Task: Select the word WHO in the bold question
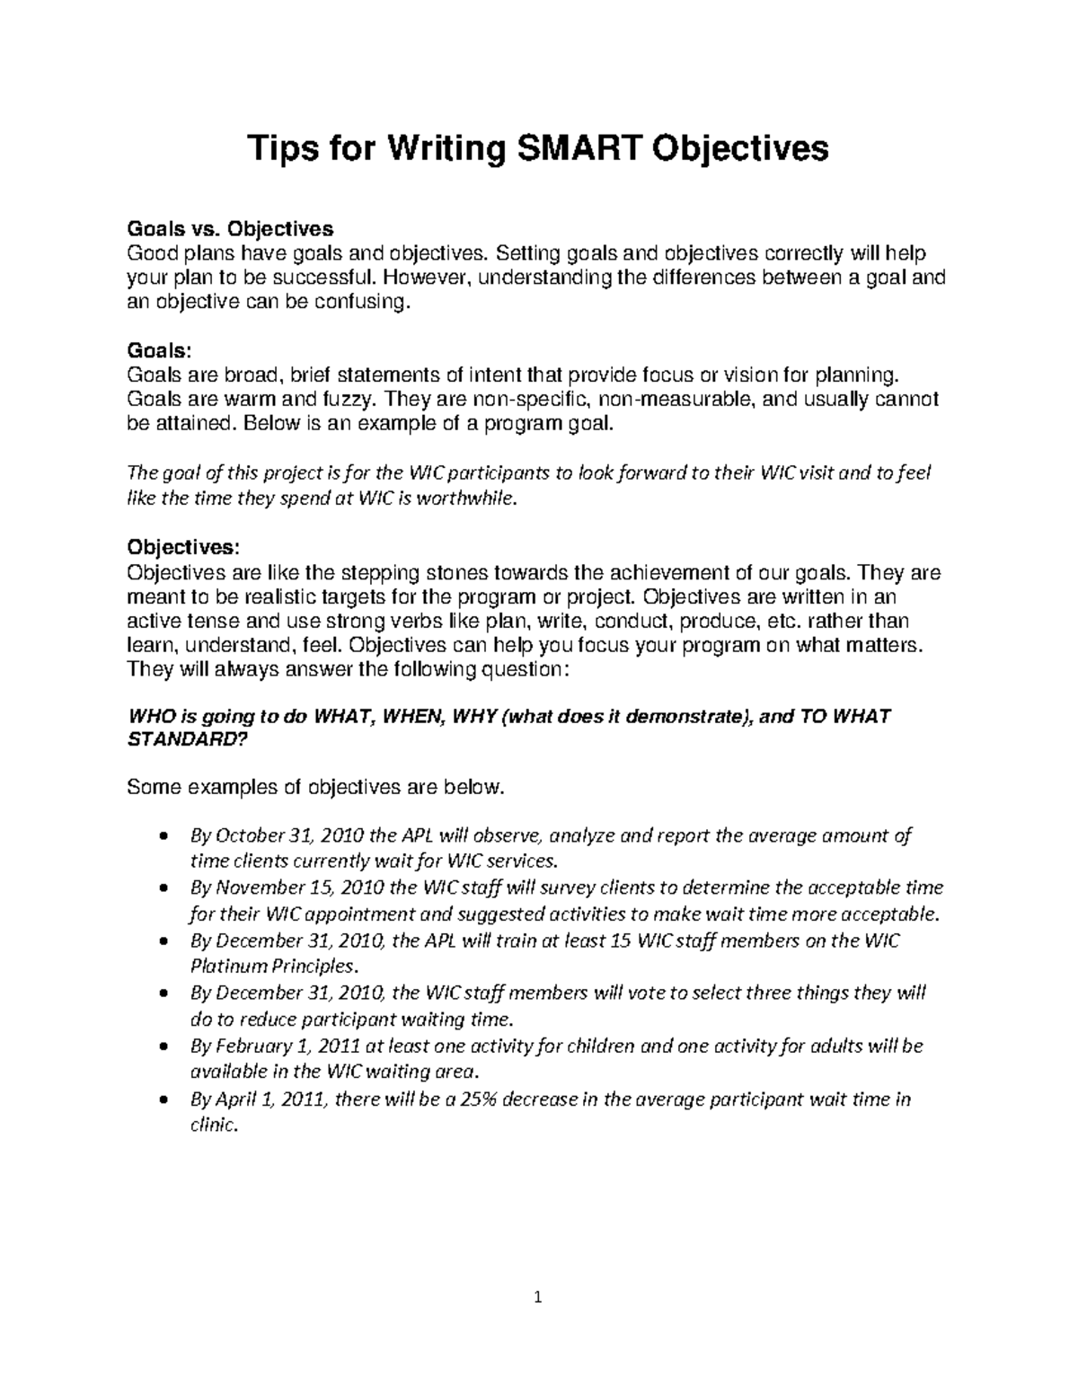tap(151, 717)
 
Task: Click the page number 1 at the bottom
tap(538, 1296)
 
